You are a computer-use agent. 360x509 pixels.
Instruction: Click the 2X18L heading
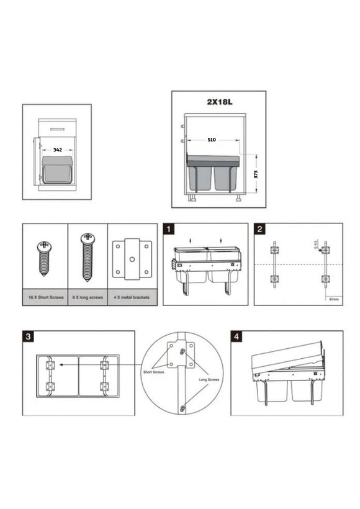click(218, 102)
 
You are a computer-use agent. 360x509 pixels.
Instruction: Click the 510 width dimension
click(212, 140)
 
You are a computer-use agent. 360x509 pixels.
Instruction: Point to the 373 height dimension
click(256, 174)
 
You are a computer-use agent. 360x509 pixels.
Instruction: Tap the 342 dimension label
click(57, 150)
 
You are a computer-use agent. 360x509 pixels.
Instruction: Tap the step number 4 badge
click(237, 337)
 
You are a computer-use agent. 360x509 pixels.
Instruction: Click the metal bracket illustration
click(132, 258)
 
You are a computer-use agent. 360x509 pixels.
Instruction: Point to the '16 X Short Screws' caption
click(45, 297)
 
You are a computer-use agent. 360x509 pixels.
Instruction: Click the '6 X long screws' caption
click(88, 297)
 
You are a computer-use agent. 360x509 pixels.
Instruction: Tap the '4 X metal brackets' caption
click(132, 297)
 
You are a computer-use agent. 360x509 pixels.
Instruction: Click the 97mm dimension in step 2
click(334, 299)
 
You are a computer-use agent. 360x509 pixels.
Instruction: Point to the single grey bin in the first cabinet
click(57, 170)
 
